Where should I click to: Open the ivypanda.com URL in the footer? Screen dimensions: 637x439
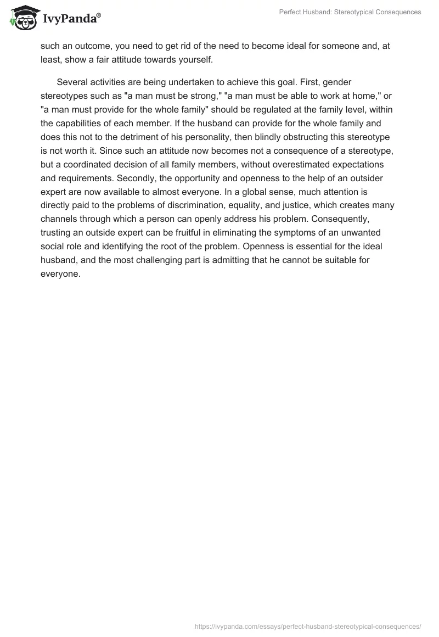pos(308,625)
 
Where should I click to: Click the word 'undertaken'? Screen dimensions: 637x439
pos(182,82)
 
